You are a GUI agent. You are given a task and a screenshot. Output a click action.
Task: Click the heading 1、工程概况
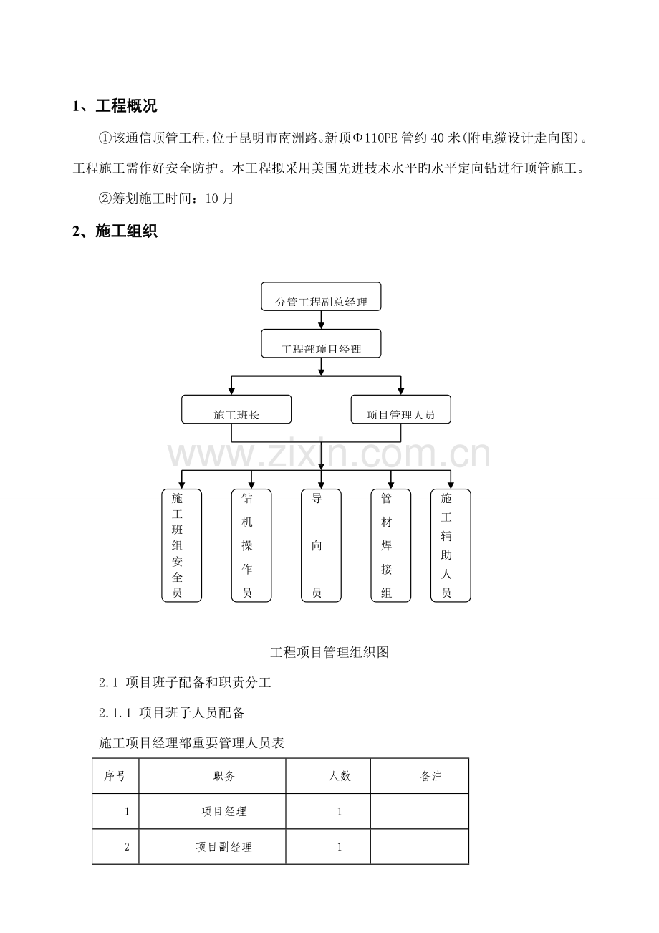(x=115, y=106)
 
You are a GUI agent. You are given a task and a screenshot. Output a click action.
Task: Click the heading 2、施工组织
(x=115, y=231)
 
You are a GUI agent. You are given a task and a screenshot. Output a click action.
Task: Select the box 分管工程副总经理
(x=321, y=296)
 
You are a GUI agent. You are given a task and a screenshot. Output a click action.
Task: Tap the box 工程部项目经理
(x=321, y=343)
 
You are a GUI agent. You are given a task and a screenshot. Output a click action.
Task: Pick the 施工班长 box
(x=236, y=409)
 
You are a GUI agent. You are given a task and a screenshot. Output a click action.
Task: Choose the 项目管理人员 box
(x=400, y=409)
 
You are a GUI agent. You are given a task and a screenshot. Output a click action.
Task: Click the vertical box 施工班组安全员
(x=181, y=545)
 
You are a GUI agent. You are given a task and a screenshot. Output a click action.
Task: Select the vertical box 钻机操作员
(x=251, y=545)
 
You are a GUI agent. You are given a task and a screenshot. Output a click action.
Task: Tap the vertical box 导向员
(x=321, y=545)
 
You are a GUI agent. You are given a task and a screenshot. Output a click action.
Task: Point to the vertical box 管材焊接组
(x=391, y=545)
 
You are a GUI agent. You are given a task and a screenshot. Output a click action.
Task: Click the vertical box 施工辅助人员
(x=451, y=545)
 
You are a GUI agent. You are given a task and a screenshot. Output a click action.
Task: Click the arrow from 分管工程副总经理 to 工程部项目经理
(x=321, y=320)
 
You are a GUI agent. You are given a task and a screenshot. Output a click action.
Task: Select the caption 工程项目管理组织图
(x=329, y=652)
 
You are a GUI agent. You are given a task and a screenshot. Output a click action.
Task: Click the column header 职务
(x=224, y=776)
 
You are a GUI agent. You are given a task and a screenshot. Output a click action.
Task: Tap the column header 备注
(x=431, y=776)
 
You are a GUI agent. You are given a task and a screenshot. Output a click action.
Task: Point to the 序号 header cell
(x=115, y=776)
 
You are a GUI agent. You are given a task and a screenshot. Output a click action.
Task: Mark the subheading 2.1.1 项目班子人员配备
(x=171, y=713)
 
